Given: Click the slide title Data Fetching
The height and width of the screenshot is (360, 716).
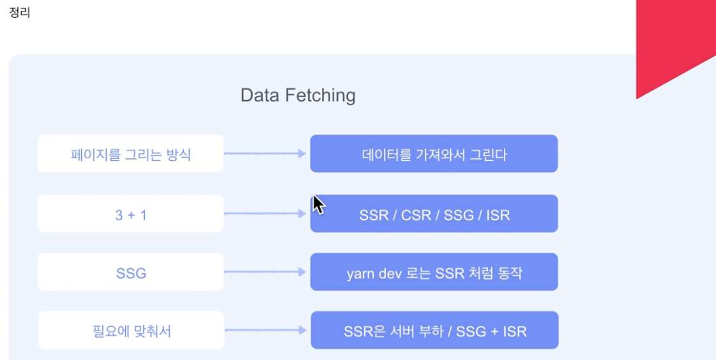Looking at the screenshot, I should pyautogui.click(x=298, y=96).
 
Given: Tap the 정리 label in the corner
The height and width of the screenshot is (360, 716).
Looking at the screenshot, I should pyautogui.click(x=20, y=13).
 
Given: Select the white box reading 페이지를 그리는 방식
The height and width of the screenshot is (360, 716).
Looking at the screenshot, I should pyautogui.click(x=130, y=154).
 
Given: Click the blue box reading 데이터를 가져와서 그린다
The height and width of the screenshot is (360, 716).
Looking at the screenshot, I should pyautogui.click(x=434, y=154).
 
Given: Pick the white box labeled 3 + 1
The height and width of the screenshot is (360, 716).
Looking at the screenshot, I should pyautogui.click(x=130, y=214).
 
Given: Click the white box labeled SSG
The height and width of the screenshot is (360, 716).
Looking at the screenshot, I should pyautogui.click(x=130, y=273).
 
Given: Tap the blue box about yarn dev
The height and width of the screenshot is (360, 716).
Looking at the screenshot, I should pyautogui.click(x=434, y=273).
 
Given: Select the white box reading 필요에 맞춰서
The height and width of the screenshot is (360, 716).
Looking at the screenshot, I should pyautogui.click(x=131, y=331).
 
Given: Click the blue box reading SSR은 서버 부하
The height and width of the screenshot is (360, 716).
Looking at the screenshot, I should pyautogui.click(x=434, y=331).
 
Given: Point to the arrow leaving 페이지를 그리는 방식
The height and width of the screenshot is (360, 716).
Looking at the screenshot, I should pyautogui.click(x=265, y=154).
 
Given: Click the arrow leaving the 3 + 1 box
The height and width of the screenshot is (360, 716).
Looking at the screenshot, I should pyautogui.click(x=265, y=214).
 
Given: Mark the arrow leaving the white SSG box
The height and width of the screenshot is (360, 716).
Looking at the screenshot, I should pyautogui.click(x=265, y=273).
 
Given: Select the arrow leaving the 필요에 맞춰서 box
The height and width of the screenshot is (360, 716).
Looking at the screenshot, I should pyautogui.click(x=266, y=331).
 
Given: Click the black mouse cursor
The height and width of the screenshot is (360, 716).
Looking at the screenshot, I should pyautogui.click(x=318, y=205).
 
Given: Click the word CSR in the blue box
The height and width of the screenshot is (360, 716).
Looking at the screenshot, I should pyautogui.click(x=415, y=215).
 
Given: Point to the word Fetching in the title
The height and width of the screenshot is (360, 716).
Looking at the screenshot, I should pyautogui.click(x=322, y=96).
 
